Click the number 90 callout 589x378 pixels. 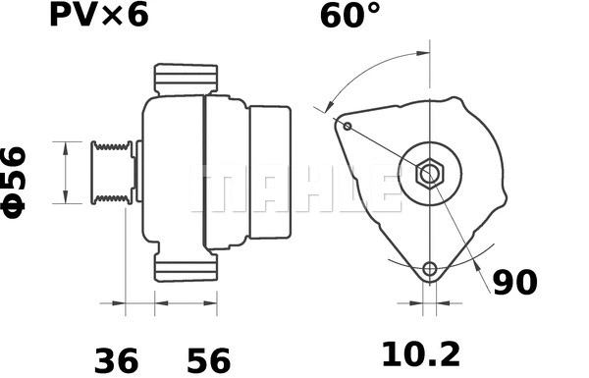[x=515, y=282]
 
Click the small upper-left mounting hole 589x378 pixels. [x=348, y=126]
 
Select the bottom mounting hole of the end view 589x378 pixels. [x=429, y=269]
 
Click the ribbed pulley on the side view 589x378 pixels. [x=110, y=173]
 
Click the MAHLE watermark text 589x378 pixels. [x=294, y=187]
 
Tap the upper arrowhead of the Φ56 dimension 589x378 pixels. [x=65, y=147]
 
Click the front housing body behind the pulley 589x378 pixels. [x=172, y=173]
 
